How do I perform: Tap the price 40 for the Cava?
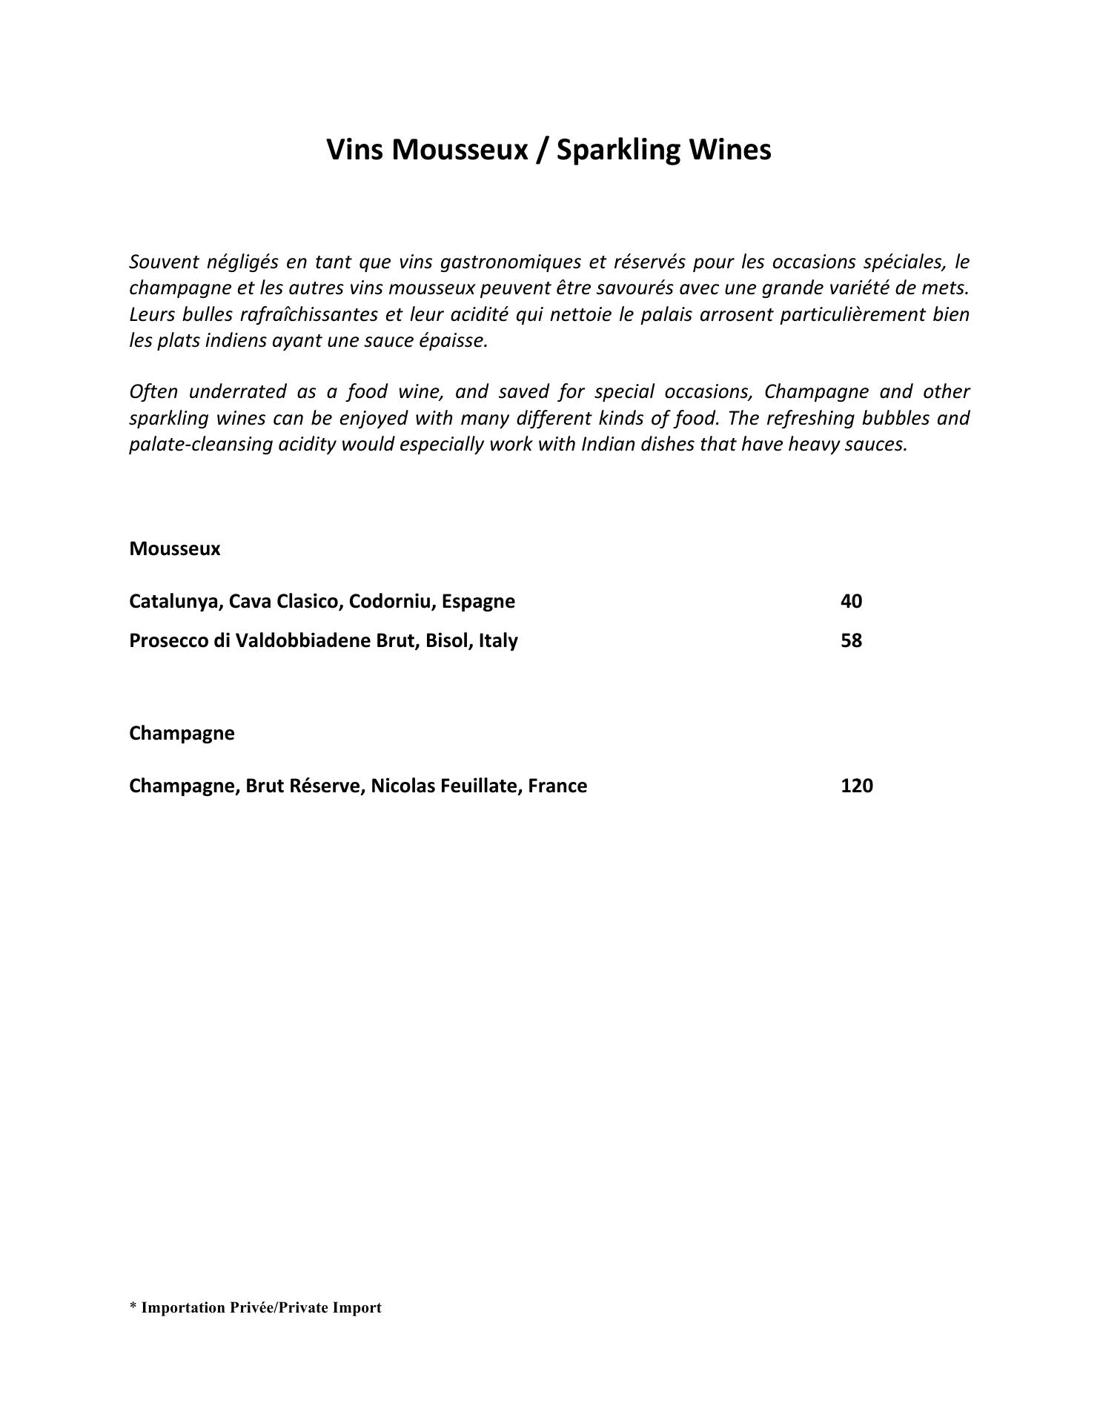(851, 601)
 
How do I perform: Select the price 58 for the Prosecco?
(851, 640)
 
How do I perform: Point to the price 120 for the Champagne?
(856, 786)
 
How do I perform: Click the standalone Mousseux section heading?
(174, 549)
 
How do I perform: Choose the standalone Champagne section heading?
(182, 734)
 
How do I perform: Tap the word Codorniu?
(391, 601)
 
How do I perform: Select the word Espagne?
(478, 601)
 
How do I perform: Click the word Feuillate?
(482, 786)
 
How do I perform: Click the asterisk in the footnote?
(133, 1307)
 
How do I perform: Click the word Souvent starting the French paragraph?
(156, 262)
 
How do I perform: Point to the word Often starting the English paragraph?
(153, 391)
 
